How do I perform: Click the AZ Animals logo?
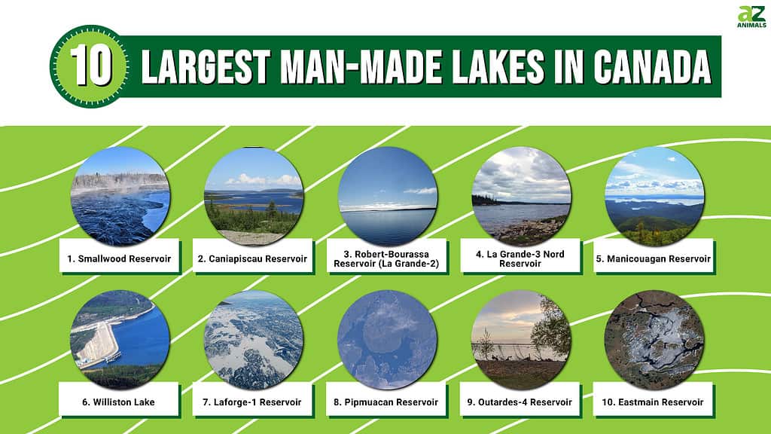[x=751, y=17]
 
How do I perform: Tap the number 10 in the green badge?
[x=91, y=66]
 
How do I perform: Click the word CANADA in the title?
[x=653, y=66]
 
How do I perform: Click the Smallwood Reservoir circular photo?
[x=120, y=196]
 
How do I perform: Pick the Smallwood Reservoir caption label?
[x=119, y=259]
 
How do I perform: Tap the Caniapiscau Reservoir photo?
[x=254, y=196]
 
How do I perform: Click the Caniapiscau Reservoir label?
[x=252, y=259]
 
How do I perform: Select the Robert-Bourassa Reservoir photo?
[x=388, y=196]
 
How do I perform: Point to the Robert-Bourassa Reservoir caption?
[x=386, y=259]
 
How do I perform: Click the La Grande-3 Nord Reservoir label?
[x=520, y=259]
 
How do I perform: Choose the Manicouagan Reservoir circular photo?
[x=654, y=196]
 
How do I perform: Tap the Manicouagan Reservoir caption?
[x=654, y=259]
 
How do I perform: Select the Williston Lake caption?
[x=118, y=402]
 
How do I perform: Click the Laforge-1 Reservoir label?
[x=252, y=402]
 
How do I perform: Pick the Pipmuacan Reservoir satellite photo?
[x=388, y=340]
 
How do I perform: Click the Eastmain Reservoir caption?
[x=653, y=402]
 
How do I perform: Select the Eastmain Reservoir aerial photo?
[x=654, y=340]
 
